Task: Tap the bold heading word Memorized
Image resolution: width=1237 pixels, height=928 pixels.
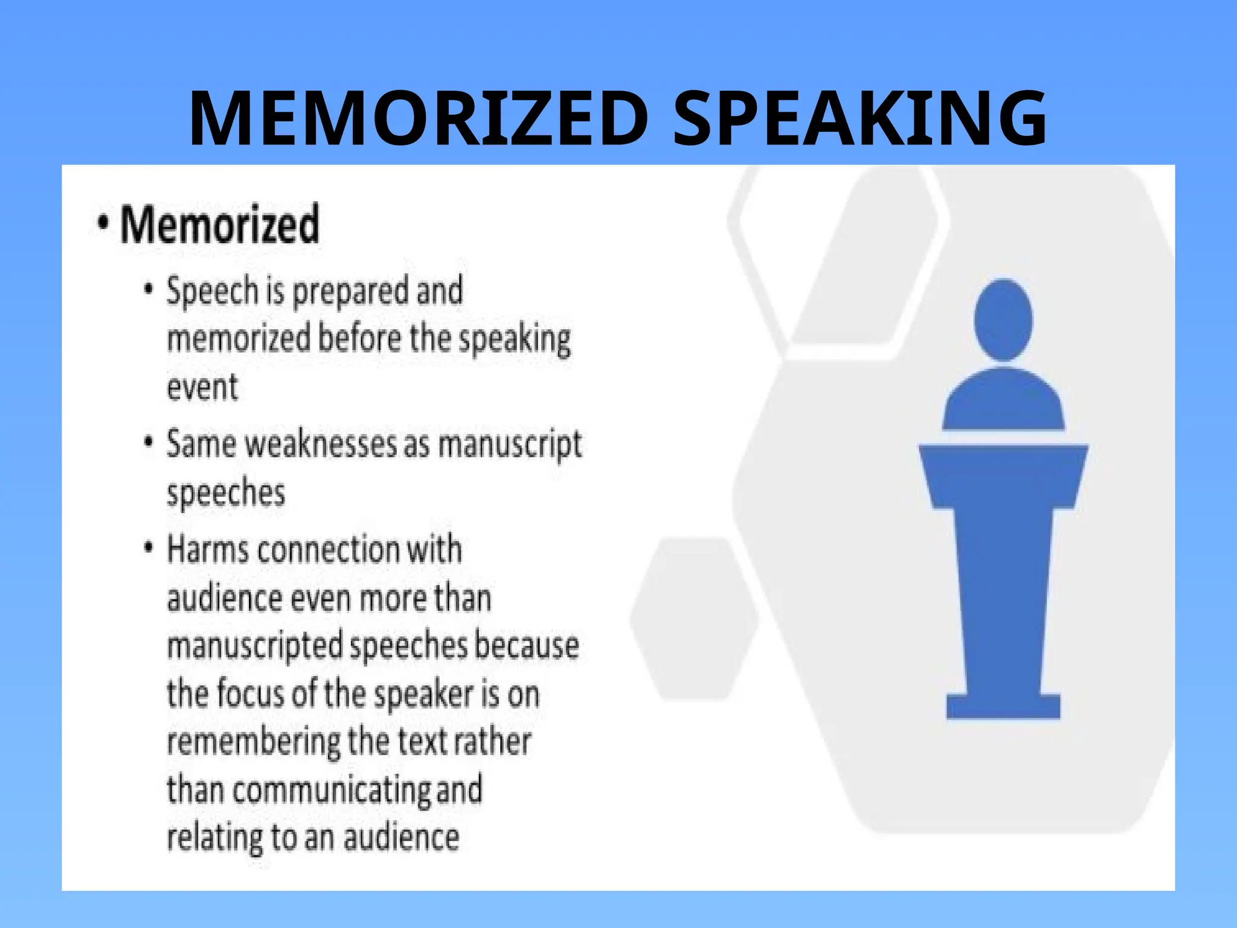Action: point(219,225)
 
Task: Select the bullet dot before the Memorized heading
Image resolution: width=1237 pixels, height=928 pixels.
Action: point(104,222)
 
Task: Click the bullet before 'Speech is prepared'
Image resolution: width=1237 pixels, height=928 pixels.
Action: point(149,289)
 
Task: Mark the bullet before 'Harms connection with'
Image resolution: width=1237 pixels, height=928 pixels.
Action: point(149,547)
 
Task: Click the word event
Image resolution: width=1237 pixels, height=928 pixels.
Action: point(202,387)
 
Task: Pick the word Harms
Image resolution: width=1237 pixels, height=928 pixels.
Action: point(207,550)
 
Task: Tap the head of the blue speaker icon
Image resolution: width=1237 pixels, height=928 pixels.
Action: point(1003,320)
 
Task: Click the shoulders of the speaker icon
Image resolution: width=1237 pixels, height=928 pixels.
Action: point(1003,402)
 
